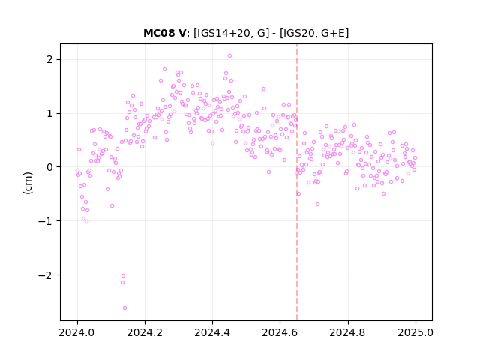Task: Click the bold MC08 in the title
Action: point(158,33)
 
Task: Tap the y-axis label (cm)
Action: point(28,183)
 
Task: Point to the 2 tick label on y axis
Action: point(49,59)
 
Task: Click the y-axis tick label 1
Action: point(49,113)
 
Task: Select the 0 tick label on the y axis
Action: point(49,167)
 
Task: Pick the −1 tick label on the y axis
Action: point(45,221)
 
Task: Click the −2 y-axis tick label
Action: point(45,275)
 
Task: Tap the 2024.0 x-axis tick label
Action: point(77,332)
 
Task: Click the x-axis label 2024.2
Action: point(145,332)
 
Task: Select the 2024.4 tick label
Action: point(212,332)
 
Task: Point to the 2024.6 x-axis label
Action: point(280,332)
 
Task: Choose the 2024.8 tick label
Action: point(348,332)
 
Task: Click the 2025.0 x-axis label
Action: point(415,332)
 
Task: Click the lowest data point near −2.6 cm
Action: point(125,308)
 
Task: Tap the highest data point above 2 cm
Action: point(230,56)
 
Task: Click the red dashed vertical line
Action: point(297,182)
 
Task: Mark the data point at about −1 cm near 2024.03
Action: point(87,222)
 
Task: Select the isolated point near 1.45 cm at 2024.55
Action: point(263,88)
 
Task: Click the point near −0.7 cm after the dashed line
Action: point(318,204)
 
